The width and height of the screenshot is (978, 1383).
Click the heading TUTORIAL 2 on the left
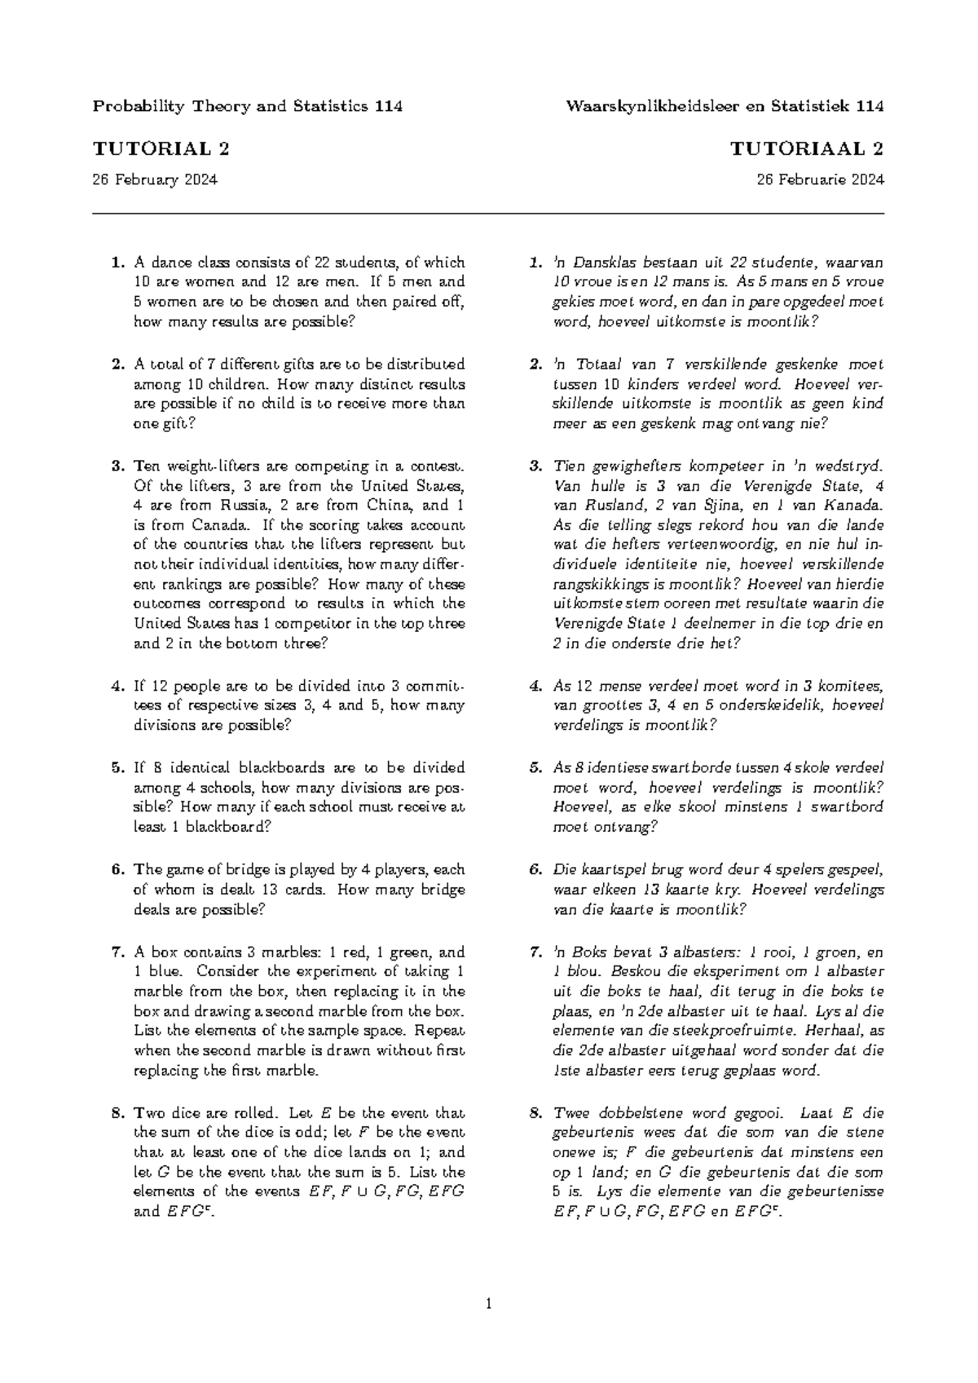point(161,149)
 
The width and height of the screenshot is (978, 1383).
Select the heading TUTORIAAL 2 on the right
point(807,149)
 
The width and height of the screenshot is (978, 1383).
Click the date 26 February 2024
point(155,180)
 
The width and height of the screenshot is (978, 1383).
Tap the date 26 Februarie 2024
point(821,180)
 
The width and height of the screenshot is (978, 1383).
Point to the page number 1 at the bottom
point(488,1305)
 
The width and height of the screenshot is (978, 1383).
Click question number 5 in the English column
point(117,768)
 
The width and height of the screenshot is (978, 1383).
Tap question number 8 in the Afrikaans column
point(535,1113)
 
